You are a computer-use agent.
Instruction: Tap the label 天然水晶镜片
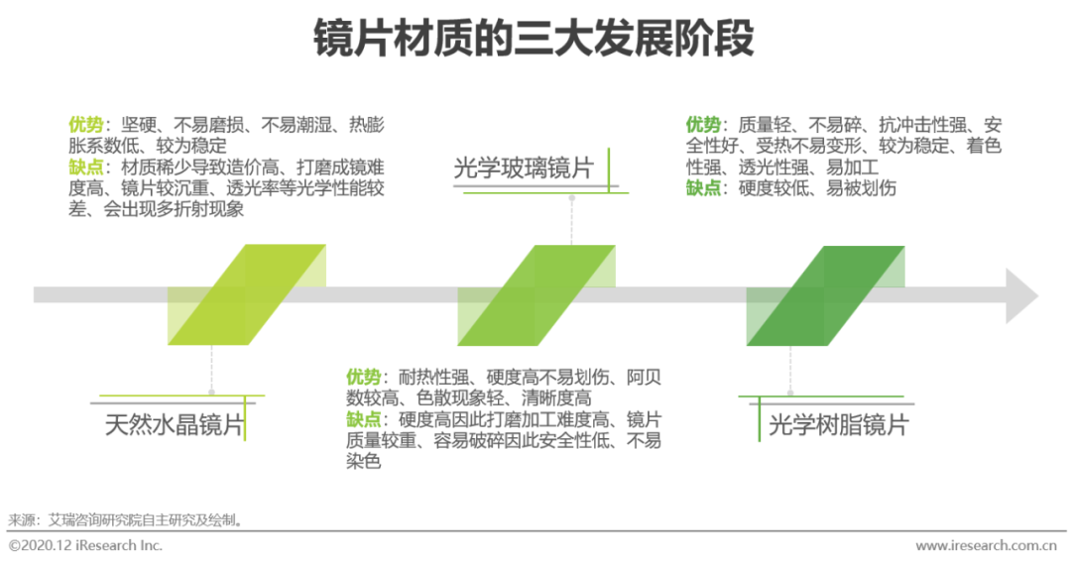[x=175, y=425]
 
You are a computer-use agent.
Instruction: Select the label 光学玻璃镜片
[x=523, y=169]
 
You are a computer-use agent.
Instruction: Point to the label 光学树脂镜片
[x=838, y=425]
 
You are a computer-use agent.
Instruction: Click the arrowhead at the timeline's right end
[x=1021, y=295]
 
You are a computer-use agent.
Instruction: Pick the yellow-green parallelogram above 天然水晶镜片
[x=247, y=294]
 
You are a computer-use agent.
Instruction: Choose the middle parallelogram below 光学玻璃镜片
[x=535, y=294]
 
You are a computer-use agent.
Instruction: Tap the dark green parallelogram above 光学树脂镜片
[x=825, y=294]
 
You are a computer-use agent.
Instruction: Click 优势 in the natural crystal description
[x=85, y=125]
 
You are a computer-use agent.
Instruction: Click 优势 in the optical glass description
[x=363, y=378]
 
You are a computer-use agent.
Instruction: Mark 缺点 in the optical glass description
[x=363, y=419]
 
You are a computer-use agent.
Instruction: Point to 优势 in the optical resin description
[x=703, y=125]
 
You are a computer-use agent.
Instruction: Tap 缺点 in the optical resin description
[x=703, y=187]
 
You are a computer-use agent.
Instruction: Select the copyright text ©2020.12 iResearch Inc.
[x=85, y=546]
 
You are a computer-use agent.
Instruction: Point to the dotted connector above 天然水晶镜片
[x=212, y=372]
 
